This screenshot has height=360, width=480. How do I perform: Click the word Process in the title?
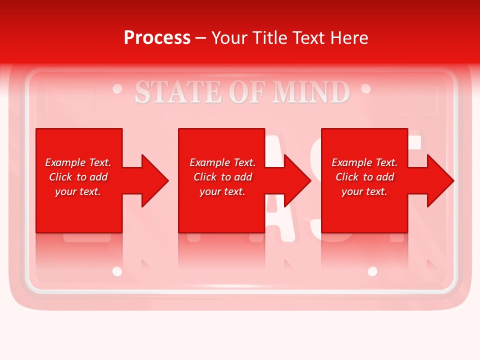tap(157, 38)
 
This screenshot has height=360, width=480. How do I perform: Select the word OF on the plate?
tap(243, 92)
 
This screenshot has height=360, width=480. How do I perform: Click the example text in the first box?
tap(78, 177)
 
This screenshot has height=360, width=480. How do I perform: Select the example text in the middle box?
tap(222, 177)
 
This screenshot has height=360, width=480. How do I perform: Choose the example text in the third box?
tap(364, 177)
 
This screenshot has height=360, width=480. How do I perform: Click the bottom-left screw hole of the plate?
tap(117, 271)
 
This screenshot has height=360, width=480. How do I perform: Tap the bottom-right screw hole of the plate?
tap(372, 271)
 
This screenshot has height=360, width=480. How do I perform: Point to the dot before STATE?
tap(117, 89)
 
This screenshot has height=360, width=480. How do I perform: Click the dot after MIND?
tap(365, 89)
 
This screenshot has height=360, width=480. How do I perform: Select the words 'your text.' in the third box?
tap(364, 191)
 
